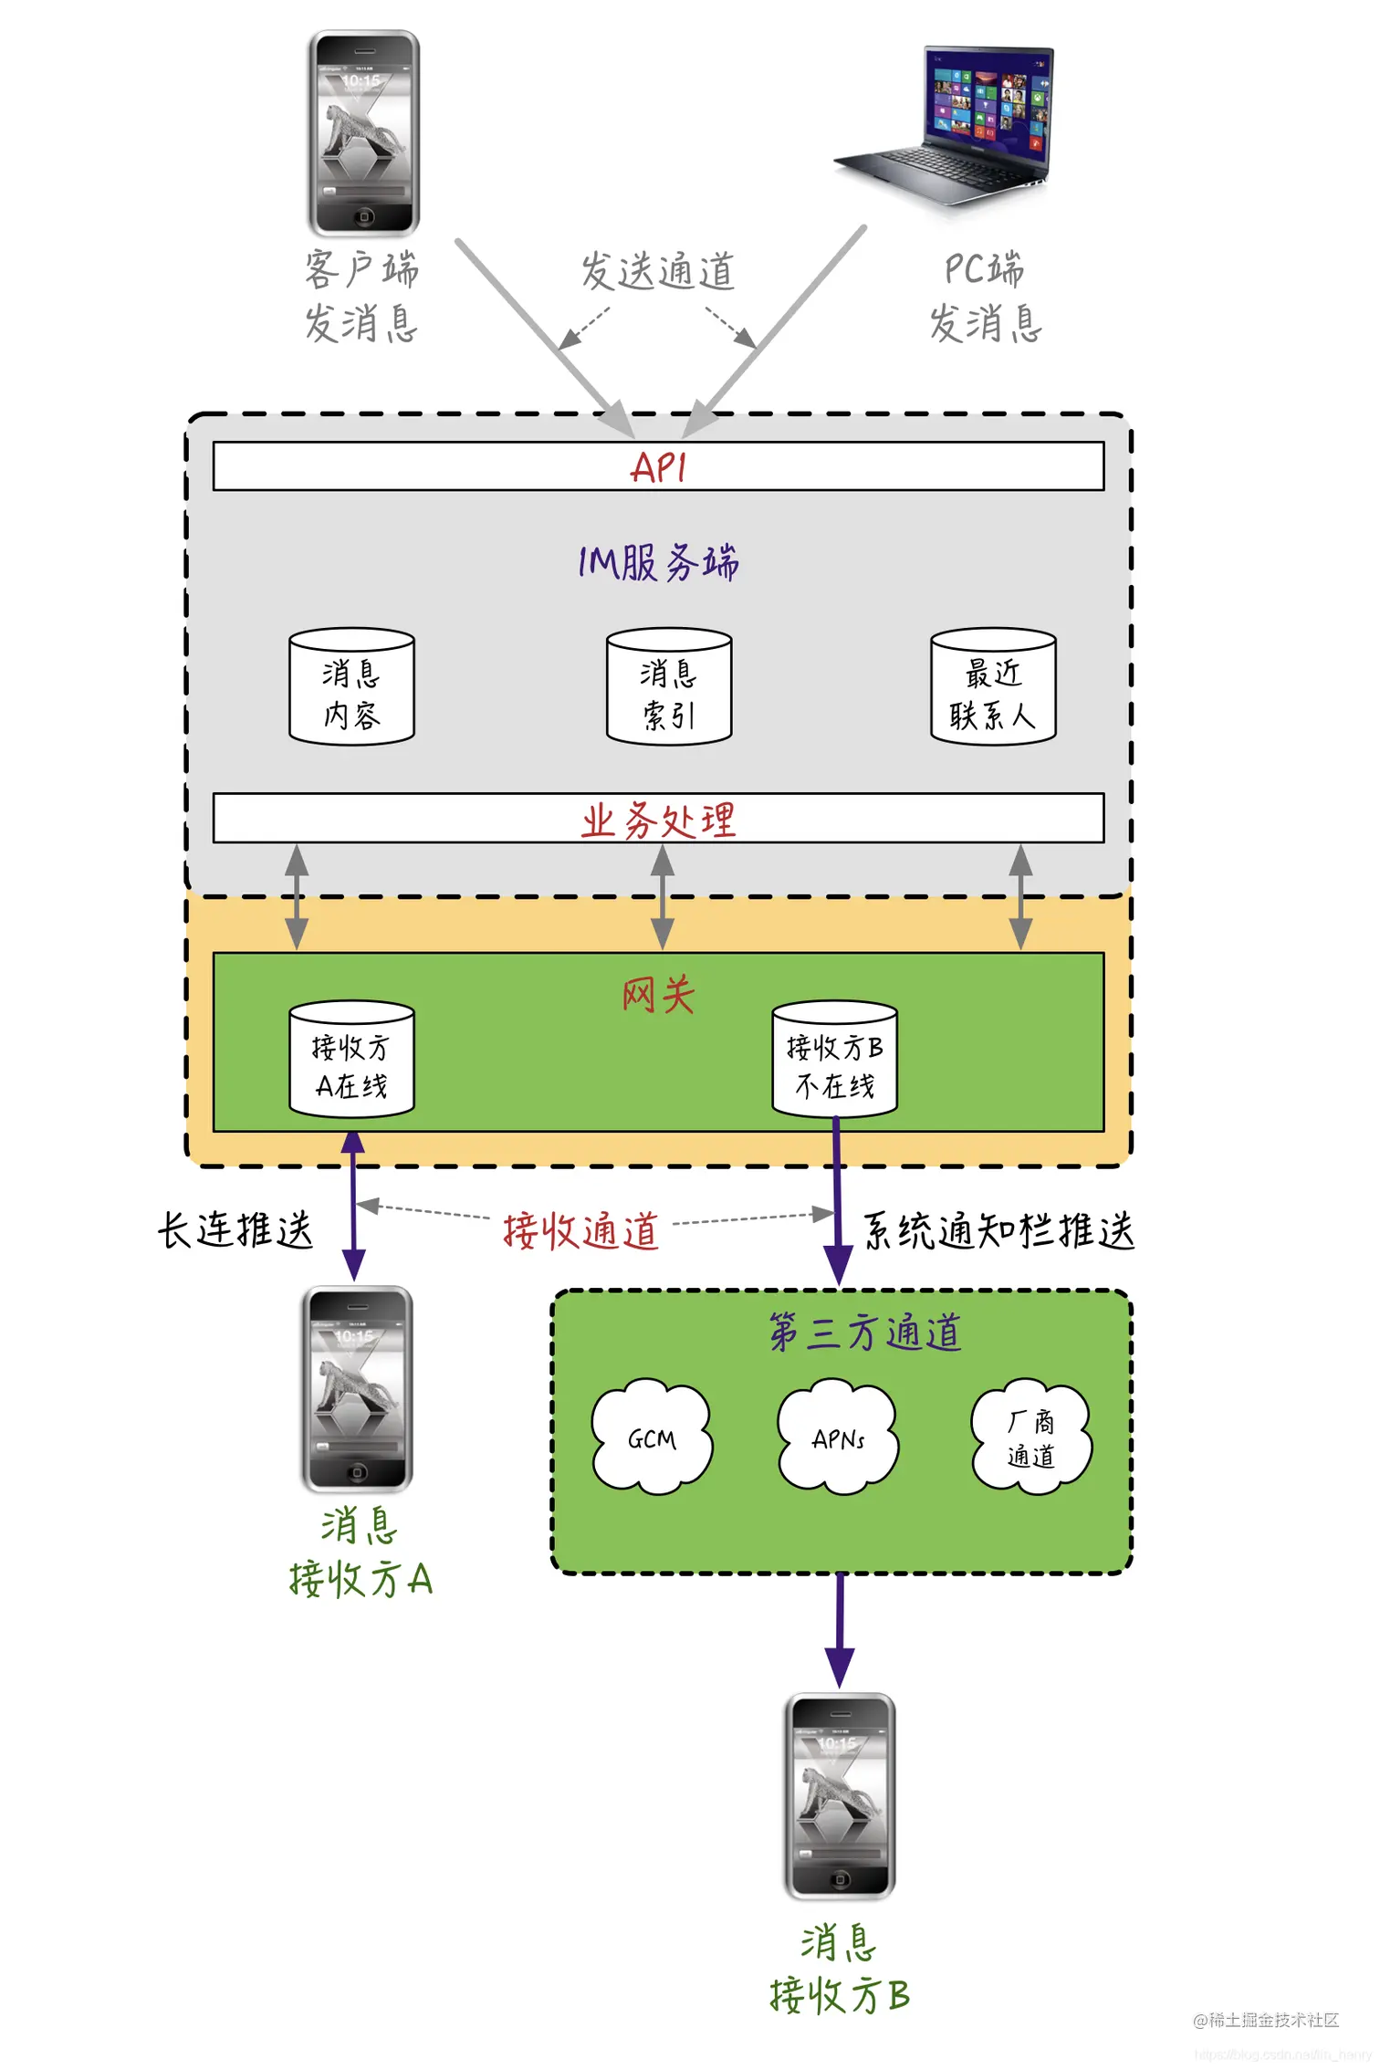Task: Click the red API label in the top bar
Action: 657,467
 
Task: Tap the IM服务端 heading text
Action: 658,562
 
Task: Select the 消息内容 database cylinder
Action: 351,687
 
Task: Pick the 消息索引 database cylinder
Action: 669,687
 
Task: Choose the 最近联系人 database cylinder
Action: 993,687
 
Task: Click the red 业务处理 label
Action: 658,820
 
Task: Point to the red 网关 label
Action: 658,994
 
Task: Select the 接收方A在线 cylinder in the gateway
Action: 351,1060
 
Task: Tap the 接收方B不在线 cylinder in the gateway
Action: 834,1060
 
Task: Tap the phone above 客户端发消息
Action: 363,133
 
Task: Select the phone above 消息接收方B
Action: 840,1796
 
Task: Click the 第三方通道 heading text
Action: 864,1332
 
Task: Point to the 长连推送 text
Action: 235,1229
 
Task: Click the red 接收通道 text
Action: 580,1230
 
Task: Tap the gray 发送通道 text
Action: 658,271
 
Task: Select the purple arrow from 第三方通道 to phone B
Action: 840,1629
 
